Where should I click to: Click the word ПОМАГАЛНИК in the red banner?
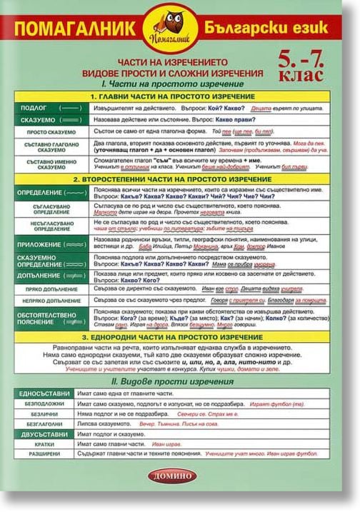tap(79, 30)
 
